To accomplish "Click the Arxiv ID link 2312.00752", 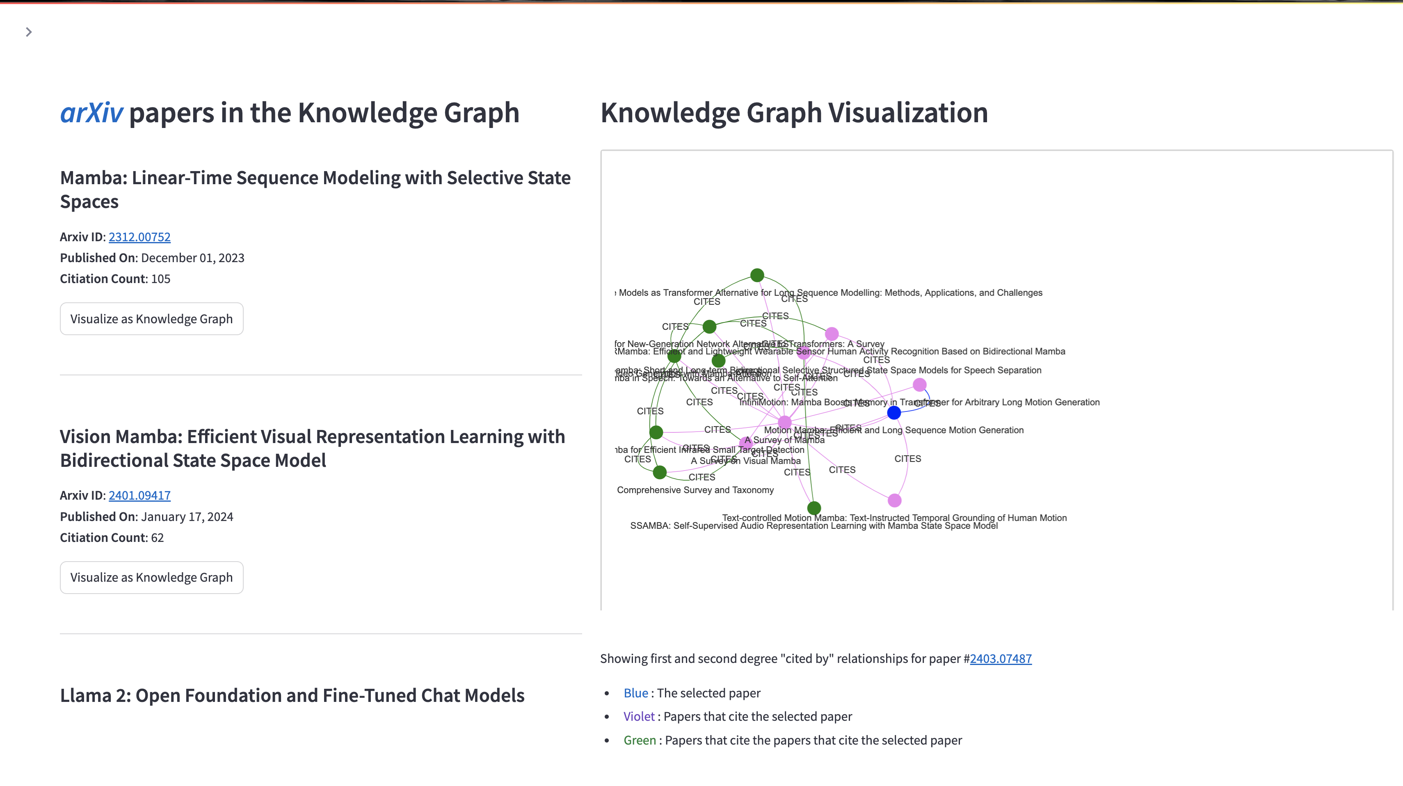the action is tap(139, 237).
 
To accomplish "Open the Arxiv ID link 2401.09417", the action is tap(139, 495).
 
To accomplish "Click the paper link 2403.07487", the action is tap(1001, 658).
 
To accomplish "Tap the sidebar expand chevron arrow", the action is tap(29, 32).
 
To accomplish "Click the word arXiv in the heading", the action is tap(91, 113).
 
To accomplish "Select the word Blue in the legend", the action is tap(635, 693).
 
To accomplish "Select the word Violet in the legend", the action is tap(639, 716).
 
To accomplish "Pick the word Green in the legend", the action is tap(640, 740).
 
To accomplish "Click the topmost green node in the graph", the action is tap(757, 275).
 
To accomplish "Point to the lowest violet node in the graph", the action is tap(894, 500).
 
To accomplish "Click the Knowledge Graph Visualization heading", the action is tap(793, 113).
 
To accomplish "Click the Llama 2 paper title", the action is tap(292, 696).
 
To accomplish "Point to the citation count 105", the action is tap(161, 279).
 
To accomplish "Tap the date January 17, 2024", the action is tap(187, 516).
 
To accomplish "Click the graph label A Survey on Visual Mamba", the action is tap(746, 461).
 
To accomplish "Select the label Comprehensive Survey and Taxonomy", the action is tap(695, 490).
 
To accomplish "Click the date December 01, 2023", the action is tap(192, 258).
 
